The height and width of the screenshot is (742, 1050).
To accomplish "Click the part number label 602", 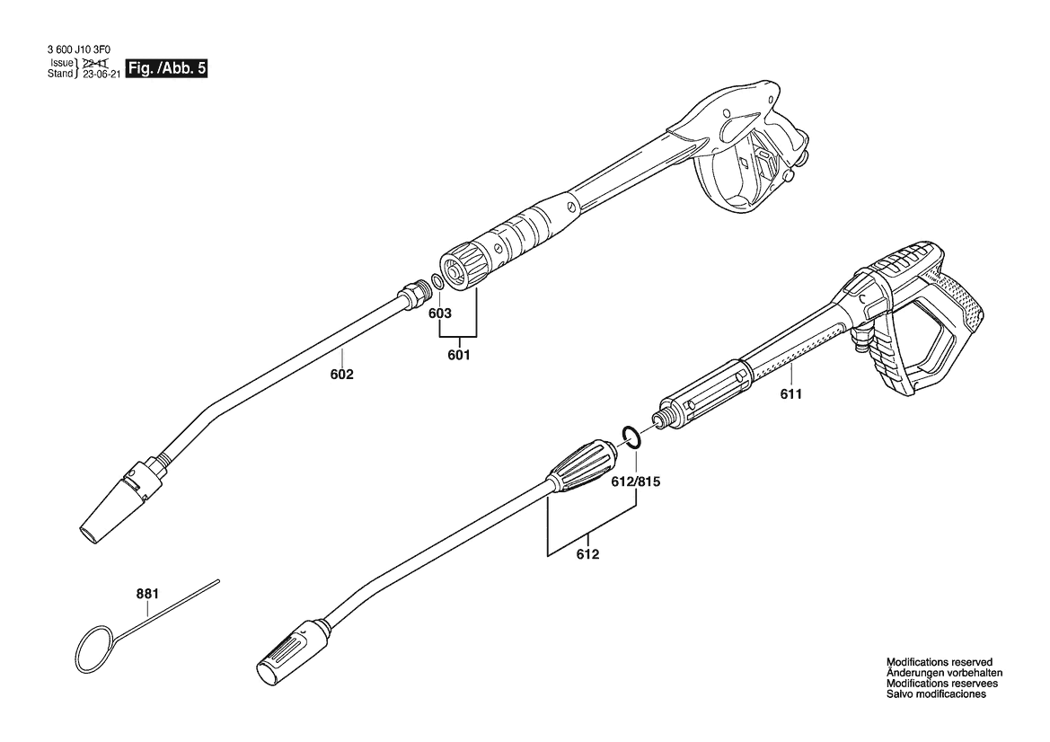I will (341, 375).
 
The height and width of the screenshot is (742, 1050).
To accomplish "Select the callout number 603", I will (439, 314).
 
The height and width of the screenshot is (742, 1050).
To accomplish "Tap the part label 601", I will (458, 355).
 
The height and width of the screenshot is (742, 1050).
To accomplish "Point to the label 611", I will (790, 393).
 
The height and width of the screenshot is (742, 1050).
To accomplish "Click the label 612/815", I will (636, 481).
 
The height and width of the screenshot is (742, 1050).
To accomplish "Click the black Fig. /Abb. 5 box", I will (167, 68).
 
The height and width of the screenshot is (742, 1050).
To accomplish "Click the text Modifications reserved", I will (938, 662).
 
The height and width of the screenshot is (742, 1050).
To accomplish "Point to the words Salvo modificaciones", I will (936, 694).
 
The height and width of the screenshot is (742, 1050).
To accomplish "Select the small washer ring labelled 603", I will (435, 281).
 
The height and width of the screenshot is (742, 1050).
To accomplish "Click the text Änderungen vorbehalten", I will (944, 673).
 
